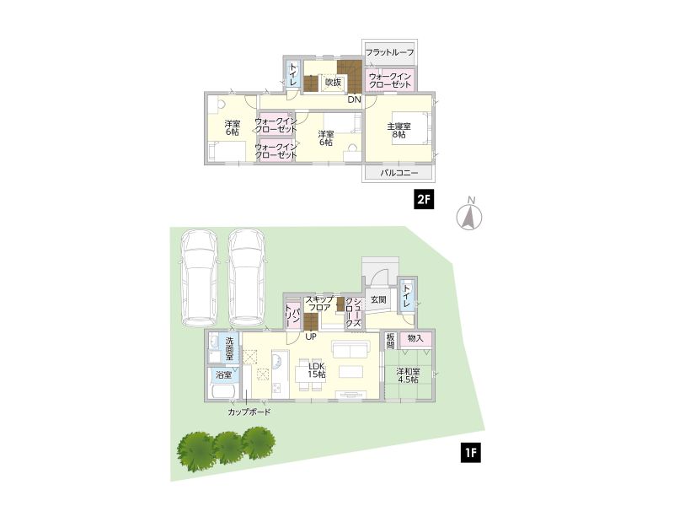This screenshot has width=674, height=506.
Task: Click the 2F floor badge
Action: click(424, 199)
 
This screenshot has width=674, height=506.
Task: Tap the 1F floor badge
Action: click(471, 453)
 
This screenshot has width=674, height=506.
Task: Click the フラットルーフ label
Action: click(389, 52)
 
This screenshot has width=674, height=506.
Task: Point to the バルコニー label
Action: click(399, 173)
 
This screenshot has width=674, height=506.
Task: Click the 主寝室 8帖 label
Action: click(399, 131)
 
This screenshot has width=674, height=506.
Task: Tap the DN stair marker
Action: click(354, 100)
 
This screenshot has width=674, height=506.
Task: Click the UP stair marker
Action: click(311, 336)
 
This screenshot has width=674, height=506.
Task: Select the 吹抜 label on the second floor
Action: click(333, 82)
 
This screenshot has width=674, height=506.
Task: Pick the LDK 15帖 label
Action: click(317, 370)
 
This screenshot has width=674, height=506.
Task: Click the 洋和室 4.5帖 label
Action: click(408, 375)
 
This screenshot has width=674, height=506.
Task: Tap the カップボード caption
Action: click(249, 412)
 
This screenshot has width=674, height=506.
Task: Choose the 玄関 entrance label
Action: click(378, 299)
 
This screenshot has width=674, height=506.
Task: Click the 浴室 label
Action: click(223, 375)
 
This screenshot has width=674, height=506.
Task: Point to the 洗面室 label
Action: click(229, 347)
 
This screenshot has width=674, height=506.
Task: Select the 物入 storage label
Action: click(415, 339)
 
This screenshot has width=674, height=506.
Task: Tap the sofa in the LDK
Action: click(350, 349)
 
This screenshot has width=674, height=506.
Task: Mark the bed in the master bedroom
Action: click(411, 128)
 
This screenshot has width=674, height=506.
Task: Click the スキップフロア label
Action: click(319, 304)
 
